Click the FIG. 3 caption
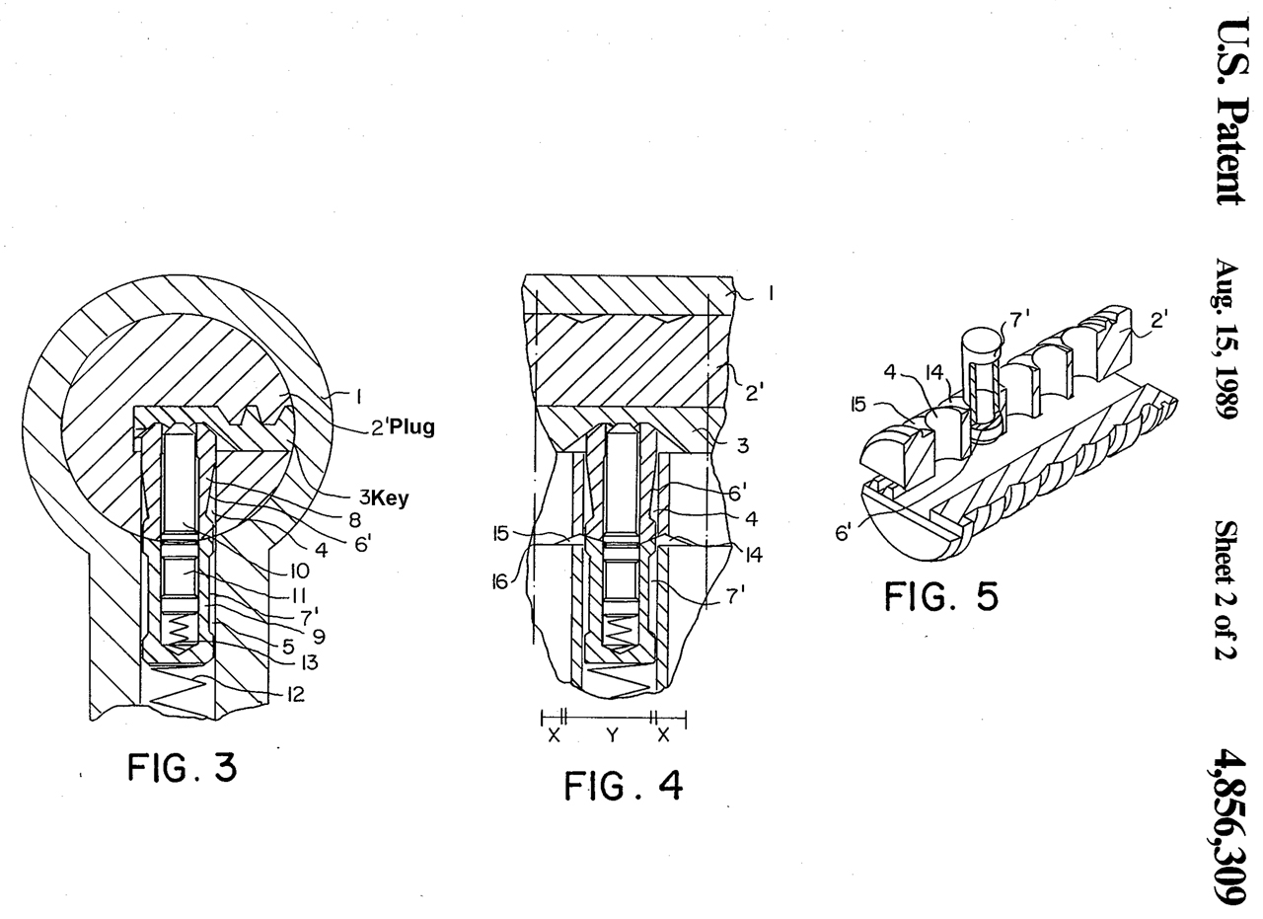click(183, 767)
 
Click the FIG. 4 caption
click(623, 786)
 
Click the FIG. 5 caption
click(940, 595)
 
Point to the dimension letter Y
click(612, 734)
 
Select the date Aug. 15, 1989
click(1226, 340)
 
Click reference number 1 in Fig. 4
click(770, 292)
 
